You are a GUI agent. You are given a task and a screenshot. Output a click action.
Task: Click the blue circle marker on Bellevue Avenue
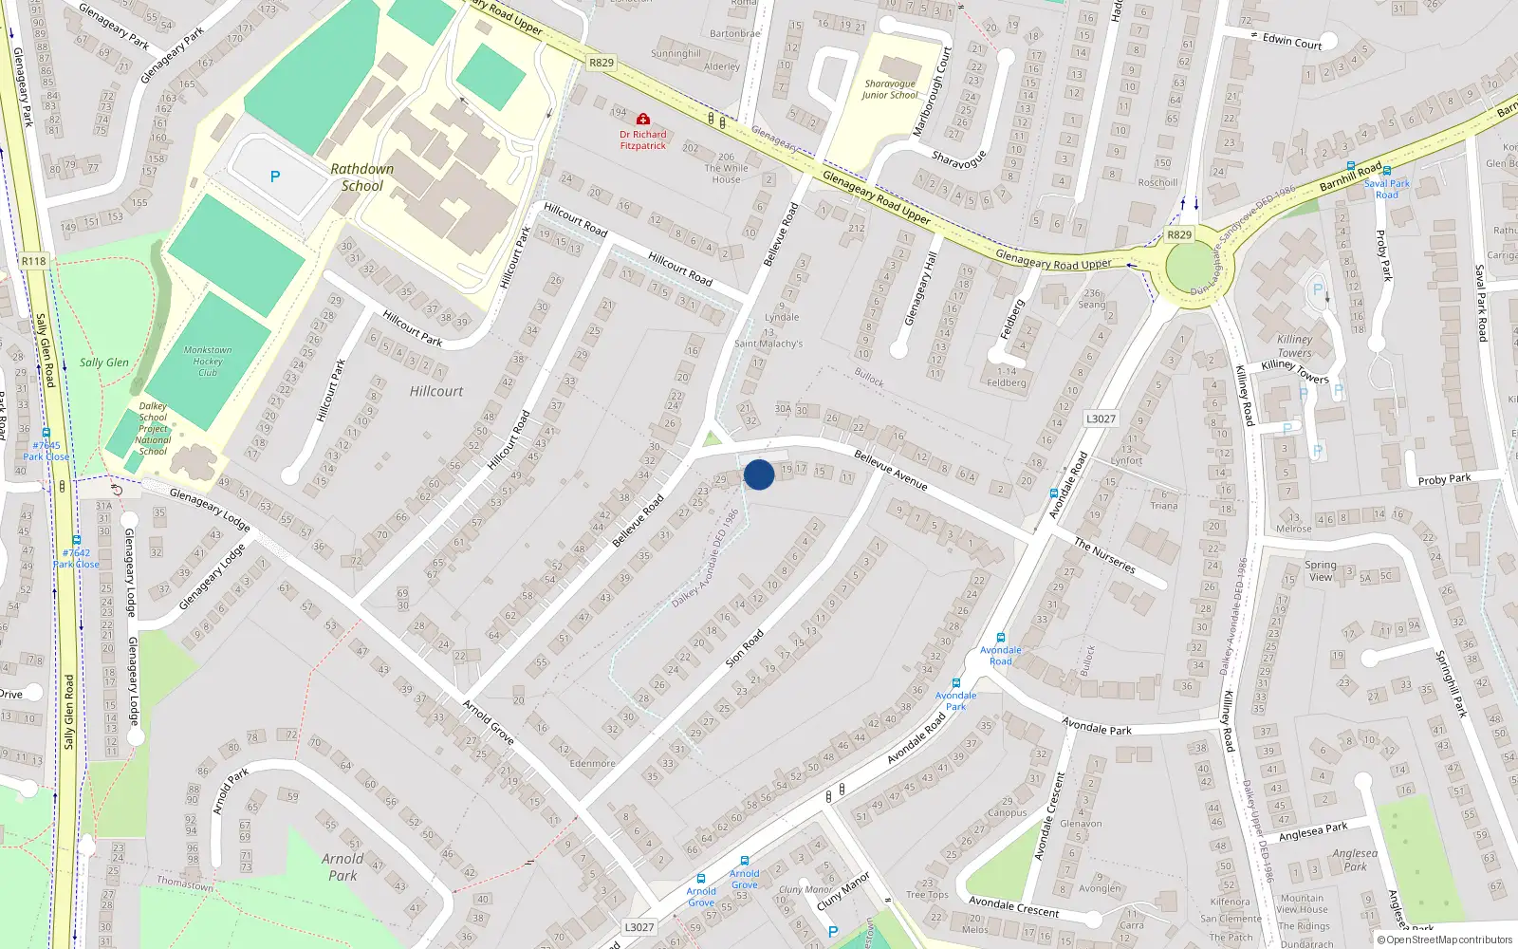[x=759, y=474]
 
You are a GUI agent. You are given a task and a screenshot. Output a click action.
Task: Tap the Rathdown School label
[x=361, y=177]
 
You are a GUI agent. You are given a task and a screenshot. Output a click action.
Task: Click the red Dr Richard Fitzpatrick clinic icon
[x=643, y=120]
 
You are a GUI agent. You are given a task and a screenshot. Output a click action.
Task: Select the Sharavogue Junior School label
[x=890, y=89]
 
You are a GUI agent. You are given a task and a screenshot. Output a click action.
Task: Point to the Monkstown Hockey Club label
[x=208, y=362]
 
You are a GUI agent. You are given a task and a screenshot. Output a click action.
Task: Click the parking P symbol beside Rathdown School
[x=275, y=177]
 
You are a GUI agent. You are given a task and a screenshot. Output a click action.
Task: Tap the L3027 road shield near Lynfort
[x=1101, y=419]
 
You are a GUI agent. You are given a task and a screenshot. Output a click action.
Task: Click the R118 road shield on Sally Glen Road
[x=33, y=261]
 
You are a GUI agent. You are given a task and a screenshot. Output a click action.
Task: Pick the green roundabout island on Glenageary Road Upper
[x=1191, y=269]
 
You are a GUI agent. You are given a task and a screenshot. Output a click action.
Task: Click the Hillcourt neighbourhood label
[x=436, y=391]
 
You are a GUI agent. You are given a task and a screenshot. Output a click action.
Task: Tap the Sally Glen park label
[x=104, y=363]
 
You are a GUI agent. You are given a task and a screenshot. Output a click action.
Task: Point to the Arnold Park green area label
[x=342, y=866]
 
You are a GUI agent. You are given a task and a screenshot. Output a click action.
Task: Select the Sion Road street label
[x=745, y=647]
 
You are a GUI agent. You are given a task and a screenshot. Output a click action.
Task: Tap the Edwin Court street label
[x=1292, y=43]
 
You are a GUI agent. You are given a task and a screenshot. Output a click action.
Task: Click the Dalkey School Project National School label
[x=153, y=428]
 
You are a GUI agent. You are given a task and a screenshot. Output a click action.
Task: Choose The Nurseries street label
[x=1104, y=555]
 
